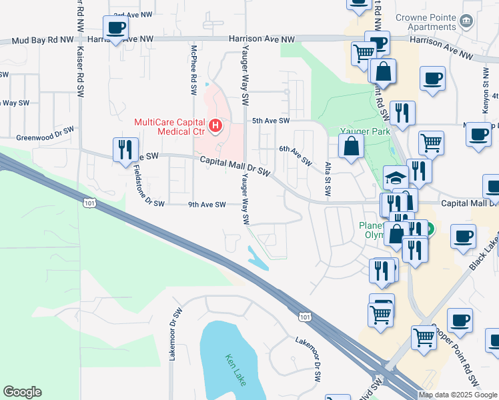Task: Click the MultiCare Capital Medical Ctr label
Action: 171,126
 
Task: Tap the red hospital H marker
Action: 215,125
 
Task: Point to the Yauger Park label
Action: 365,132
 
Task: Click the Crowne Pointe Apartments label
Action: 434,23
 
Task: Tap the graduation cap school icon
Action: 396,178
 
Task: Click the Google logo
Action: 22,392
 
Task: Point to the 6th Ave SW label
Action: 295,156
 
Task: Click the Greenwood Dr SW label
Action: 45,134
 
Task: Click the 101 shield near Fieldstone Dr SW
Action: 89,202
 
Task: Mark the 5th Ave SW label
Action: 271,121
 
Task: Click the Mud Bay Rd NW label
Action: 43,41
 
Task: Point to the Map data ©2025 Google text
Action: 458,395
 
